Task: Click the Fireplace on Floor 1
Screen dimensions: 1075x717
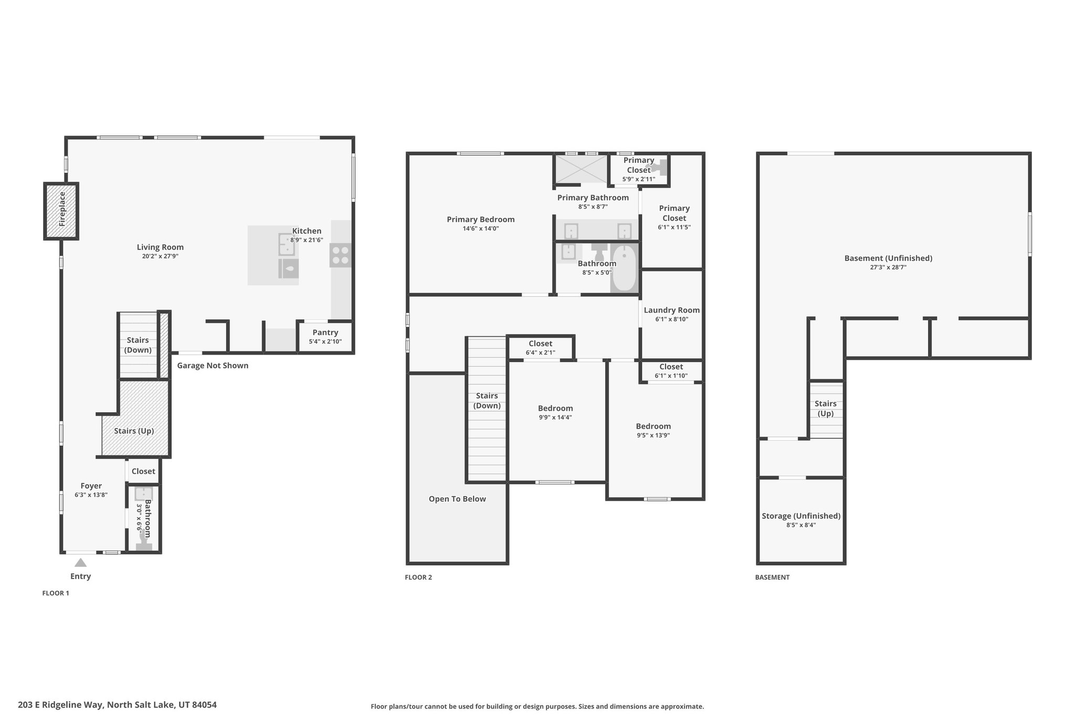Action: point(61,211)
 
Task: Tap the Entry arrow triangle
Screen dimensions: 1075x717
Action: point(80,563)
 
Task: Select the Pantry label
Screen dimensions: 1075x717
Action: point(325,332)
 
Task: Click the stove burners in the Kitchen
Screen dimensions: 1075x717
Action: point(341,255)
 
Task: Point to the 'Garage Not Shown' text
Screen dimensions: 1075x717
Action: point(213,366)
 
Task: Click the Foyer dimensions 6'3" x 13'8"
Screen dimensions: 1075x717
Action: point(91,495)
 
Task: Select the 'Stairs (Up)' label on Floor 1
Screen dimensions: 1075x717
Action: point(134,431)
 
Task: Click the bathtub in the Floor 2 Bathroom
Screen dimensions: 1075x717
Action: point(624,268)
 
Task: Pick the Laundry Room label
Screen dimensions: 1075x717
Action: point(672,310)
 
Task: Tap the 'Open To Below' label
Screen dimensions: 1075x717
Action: point(457,499)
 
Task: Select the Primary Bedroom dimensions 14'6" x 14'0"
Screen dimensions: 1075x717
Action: point(481,228)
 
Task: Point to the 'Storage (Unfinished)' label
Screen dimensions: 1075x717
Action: point(801,516)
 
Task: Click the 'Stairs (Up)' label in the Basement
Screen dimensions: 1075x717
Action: point(826,409)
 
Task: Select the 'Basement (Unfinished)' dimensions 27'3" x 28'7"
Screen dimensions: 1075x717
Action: point(888,267)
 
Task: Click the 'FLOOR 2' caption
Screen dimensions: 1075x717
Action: point(418,577)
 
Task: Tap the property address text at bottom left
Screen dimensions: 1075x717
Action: point(117,705)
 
